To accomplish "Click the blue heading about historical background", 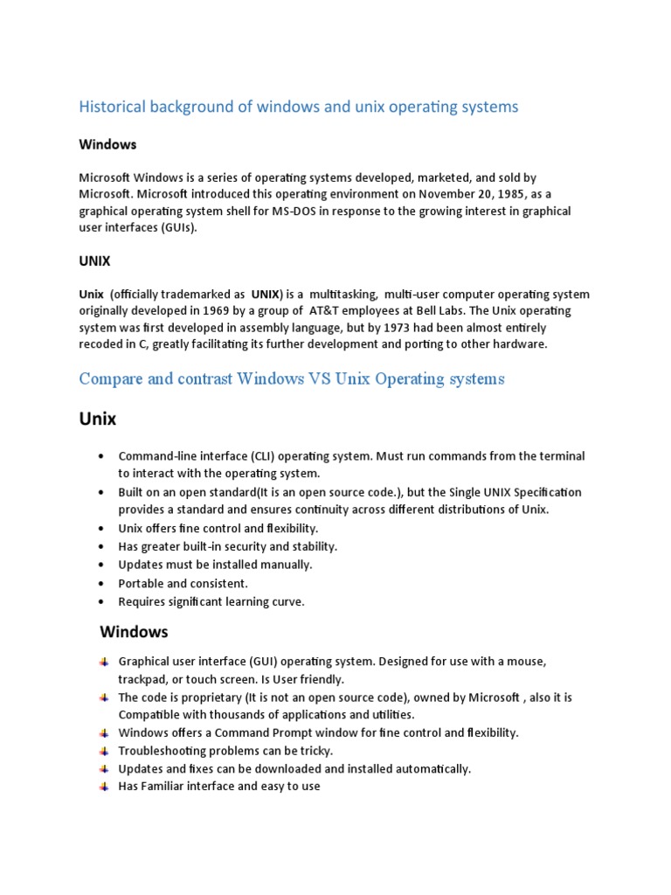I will [298, 107].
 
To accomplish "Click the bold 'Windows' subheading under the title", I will [107, 143].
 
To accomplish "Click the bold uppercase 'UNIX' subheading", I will [94, 260].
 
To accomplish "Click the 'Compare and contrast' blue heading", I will [292, 379].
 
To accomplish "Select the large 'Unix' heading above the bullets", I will [98, 419].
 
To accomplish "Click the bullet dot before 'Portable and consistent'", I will [103, 584].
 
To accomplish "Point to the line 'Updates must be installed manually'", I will [215, 565].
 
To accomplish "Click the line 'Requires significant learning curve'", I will [211, 601].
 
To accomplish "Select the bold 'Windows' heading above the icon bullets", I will [134, 631].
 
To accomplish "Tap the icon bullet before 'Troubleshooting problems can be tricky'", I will [104, 751].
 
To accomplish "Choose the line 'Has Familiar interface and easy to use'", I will [219, 786].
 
